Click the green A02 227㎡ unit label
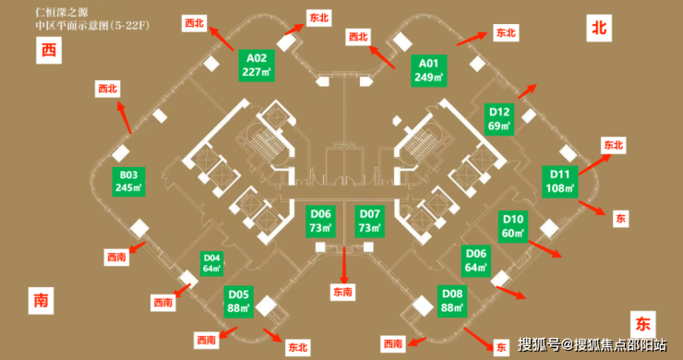coord(257,66)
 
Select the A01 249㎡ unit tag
coord(428,70)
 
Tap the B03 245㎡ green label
coord(128,181)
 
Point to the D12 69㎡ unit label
coord(499,119)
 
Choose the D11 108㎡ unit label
coord(559,182)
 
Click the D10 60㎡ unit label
coord(513,226)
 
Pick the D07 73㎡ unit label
coord(369,221)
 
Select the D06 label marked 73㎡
coord(320,221)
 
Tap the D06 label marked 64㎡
coord(476,260)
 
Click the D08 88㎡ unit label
coord(452,301)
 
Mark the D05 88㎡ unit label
coord(239,302)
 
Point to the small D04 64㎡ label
coord(211,263)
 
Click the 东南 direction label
coord(342,292)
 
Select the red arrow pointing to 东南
coord(344,265)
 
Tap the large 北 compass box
coord(599,28)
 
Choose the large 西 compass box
coord(49,50)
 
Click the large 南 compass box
coord(41,300)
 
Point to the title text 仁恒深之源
coord(62,12)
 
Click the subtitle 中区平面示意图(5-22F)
coord(93,25)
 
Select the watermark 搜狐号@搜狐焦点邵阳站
coord(592,344)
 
